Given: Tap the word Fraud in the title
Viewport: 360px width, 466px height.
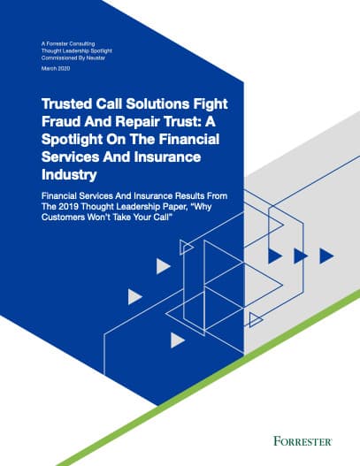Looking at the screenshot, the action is [61, 121].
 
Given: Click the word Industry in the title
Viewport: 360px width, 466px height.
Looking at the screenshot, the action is [69, 174].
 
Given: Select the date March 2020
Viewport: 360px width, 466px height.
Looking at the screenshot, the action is [56, 68].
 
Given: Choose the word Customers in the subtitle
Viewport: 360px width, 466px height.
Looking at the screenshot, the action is [64, 218].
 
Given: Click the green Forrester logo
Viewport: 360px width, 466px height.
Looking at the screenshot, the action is [303, 441].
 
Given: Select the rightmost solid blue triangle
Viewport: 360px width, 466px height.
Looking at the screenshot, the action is [326, 256].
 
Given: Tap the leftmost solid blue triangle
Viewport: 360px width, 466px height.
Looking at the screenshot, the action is [275, 256].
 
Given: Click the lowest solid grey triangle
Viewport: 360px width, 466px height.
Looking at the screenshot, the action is [178, 340].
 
